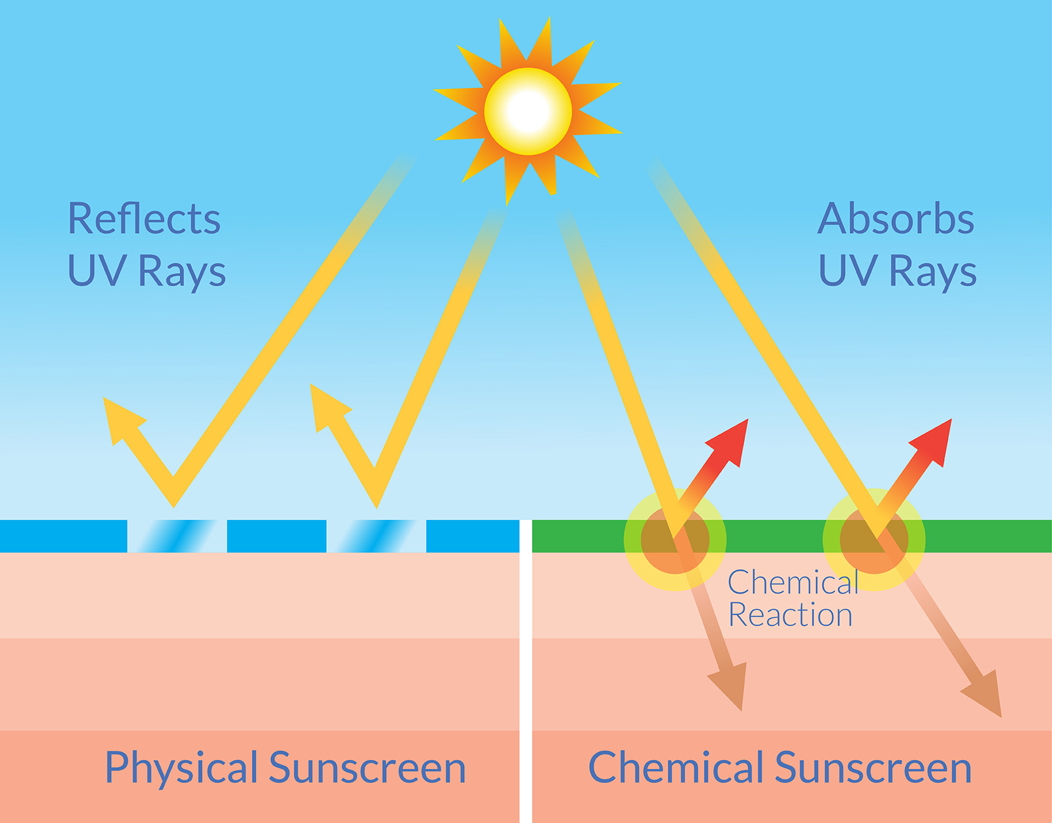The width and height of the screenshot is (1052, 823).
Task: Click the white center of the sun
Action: click(528, 111)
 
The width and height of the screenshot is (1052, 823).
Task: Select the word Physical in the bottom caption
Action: click(181, 769)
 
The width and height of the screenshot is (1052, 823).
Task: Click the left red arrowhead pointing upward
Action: click(729, 441)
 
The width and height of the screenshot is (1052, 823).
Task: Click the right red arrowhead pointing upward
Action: click(933, 441)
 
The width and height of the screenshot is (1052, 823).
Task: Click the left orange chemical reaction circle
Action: click(675, 540)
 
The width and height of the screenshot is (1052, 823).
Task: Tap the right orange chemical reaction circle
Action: click(874, 540)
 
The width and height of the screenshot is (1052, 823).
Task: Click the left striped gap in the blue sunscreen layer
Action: click(177, 536)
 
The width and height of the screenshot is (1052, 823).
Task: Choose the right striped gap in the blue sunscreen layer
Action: click(376, 536)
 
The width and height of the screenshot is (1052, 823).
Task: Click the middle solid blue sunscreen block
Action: click(276, 536)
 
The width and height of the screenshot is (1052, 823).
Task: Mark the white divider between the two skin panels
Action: click(526, 671)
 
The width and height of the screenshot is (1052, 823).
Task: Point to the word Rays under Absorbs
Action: click(933, 272)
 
